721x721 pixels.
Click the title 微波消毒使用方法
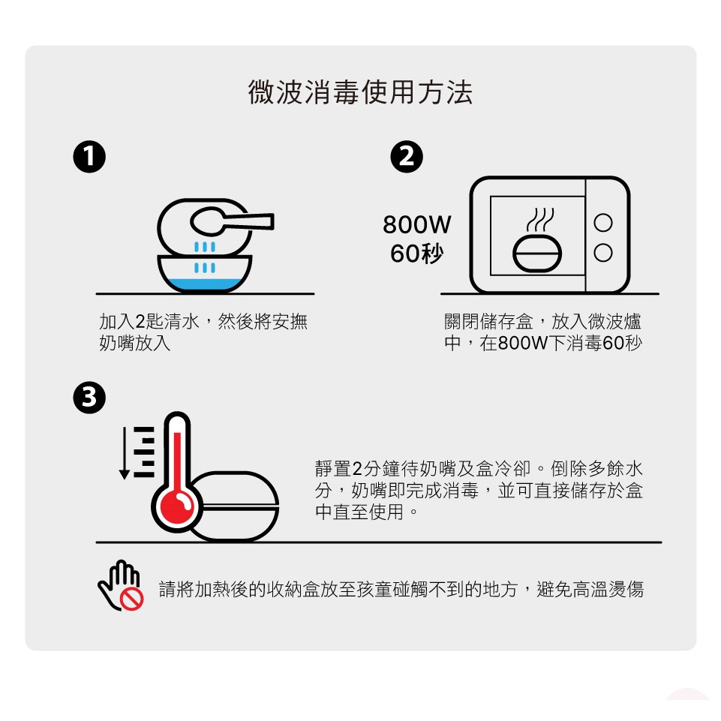pyautogui.click(x=360, y=92)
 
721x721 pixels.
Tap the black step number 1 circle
pyautogui.click(x=89, y=157)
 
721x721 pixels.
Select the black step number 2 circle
pyautogui.click(x=407, y=157)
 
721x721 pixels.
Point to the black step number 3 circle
pyautogui.click(x=89, y=398)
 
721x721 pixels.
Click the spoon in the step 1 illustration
pyautogui.click(x=230, y=221)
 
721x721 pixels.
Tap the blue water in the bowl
pyautogui.click(x=204, y=284)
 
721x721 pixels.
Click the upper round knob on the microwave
pyautogui.click(x=602, y=223)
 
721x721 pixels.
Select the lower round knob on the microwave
pyautogui.click(x=602, y=252)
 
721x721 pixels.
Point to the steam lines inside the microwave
pyautogui.click(x=540, y=220)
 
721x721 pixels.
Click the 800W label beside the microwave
pyautogui.click(x=417, y=224)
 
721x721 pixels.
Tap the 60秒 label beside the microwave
pyautogui.click(x=417, y=254)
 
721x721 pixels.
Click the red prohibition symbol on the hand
pyautogui.click(x=131, y=598)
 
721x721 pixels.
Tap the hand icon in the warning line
pyautogui.click(x=119, y=585)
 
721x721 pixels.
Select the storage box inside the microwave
pyautogui.click(x=537, y=253)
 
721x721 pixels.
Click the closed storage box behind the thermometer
pyautogui.click(x=235, y=506)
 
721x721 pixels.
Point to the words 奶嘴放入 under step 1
pyautogui.click(x=135, y=343)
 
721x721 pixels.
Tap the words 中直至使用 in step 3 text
pyautogui.click(x=359, y=512)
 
